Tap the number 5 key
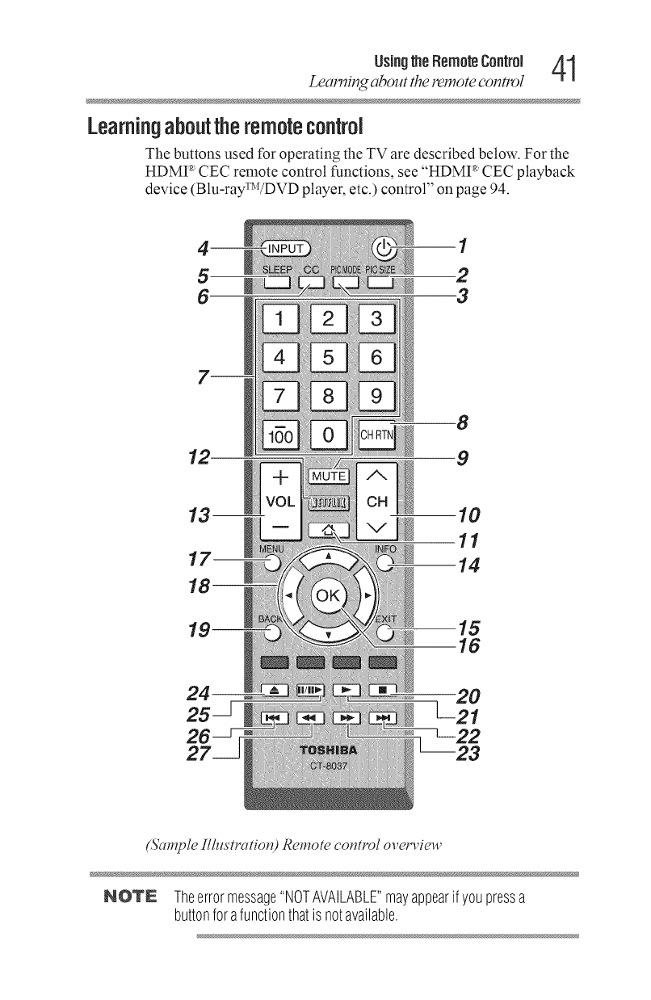coord(328,355)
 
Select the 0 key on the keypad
coord(328,437)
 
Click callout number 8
coord(463,421)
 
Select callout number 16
coord(468,645)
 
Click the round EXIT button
coord(384,632)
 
